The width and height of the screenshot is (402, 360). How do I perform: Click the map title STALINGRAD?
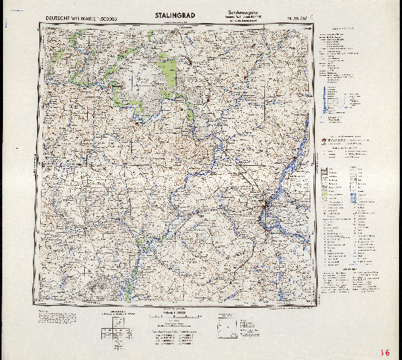(x=176, y=14)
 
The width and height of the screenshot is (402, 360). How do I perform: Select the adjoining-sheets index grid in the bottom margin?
(x=120, y=321)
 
